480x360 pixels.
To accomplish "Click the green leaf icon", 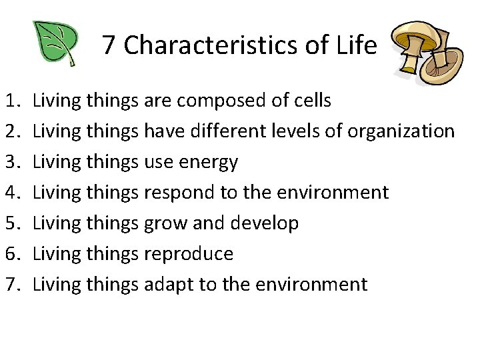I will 56,43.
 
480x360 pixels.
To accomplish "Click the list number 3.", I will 14,162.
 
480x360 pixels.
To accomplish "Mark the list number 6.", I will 14,254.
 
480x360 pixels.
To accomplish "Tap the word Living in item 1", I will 57,101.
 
